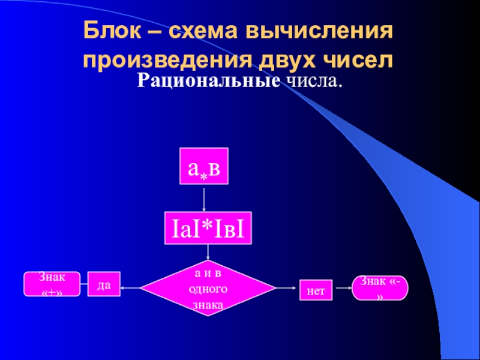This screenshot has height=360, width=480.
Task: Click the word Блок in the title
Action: click(x=109, y=30)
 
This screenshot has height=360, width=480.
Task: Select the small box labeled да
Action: click(x=104, y=286)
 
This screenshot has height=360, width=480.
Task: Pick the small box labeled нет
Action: click(x=316, y=291)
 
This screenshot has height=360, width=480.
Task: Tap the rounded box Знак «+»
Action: click(x=52, y=284)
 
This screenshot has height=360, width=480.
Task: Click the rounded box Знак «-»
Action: click(x=380, y=288)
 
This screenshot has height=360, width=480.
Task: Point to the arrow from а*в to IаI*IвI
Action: click(x=205, y=200)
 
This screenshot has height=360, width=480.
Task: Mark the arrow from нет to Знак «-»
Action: click(x=343, y=289)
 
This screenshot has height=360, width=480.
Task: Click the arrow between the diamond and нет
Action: click(x=286, y=289)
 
